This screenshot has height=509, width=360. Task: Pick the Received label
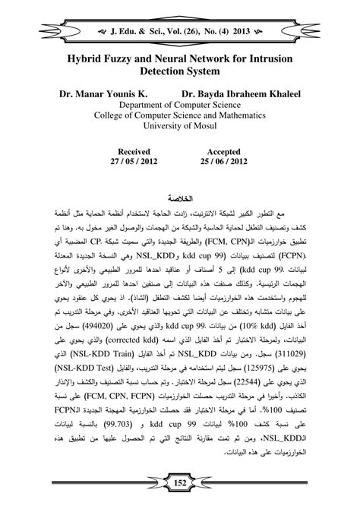[x=128, y=152]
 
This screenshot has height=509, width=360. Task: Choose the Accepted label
[x=226, y=152]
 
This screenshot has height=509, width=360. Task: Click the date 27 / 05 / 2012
[x=128, y=163]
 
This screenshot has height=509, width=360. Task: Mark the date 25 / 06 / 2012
[x=226, y=163]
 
